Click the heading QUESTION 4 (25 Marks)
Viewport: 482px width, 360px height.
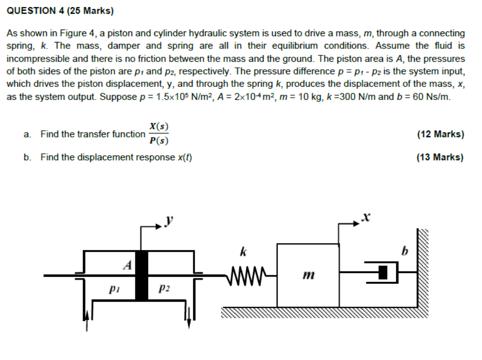coord(60,11)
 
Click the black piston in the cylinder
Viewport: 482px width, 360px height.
coord(142,275)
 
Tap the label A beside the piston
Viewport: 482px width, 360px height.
coord(128,265)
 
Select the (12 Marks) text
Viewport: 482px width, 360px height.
coord(440,134)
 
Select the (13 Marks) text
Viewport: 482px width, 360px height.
coord(440,157)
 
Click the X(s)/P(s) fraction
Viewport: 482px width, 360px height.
coord(159,134)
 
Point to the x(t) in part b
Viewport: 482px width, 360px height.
coord(184,157)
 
